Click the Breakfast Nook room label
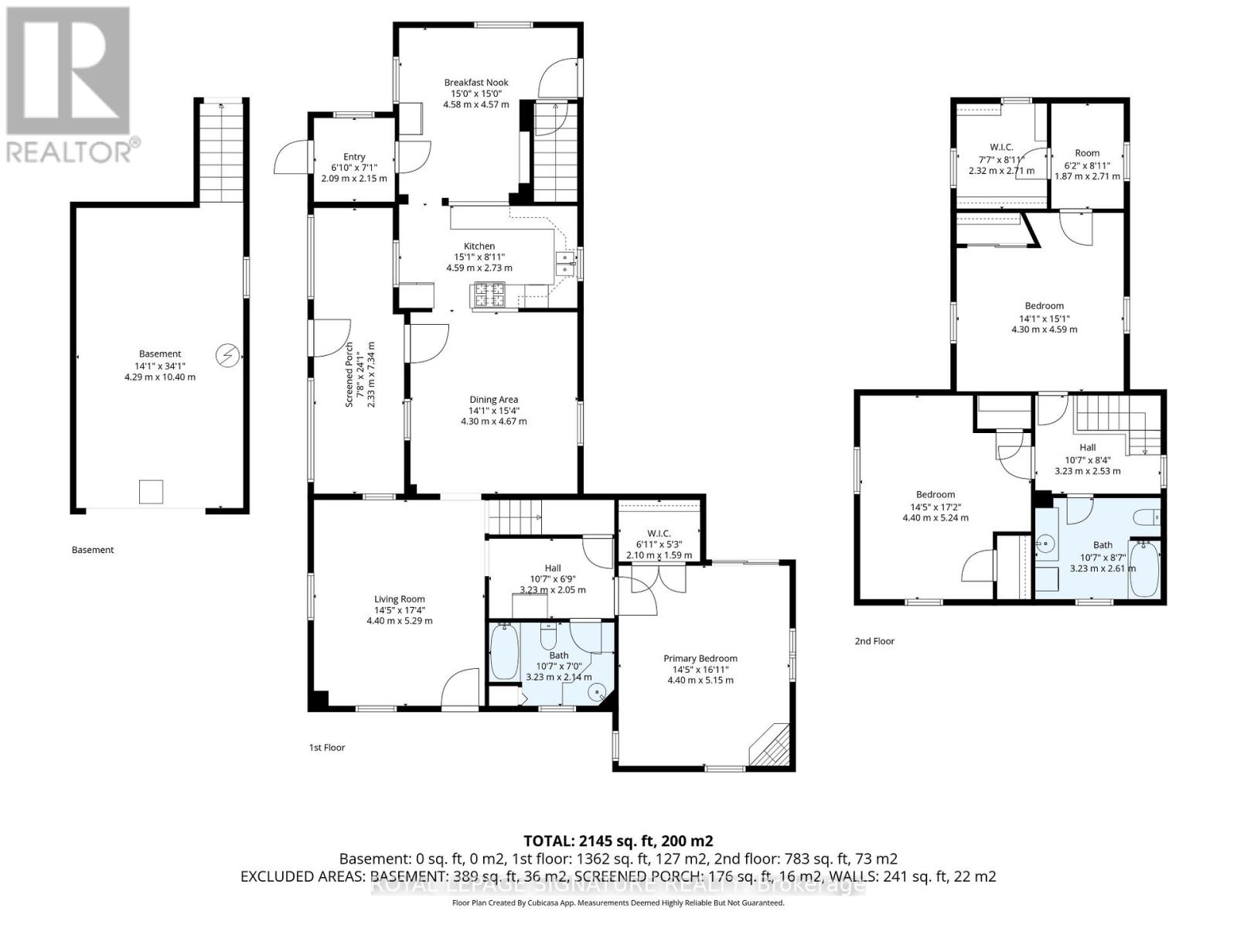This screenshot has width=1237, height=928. coord(475,82)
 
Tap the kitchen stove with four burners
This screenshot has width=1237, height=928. coord(488,294)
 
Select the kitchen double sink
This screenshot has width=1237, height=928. coord(566,264)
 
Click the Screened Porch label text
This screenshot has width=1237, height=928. coord(349,374)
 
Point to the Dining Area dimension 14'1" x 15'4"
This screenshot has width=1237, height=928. coord(492,411)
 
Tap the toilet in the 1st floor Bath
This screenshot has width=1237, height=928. coord(548,636)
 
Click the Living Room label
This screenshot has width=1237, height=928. coord(399,599)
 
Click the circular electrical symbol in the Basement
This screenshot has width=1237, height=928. coord(228,355)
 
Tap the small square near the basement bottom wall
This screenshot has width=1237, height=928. coord(151,491)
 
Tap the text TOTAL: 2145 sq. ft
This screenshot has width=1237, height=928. coord(618,841)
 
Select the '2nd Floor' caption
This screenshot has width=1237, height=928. coord(874,641)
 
